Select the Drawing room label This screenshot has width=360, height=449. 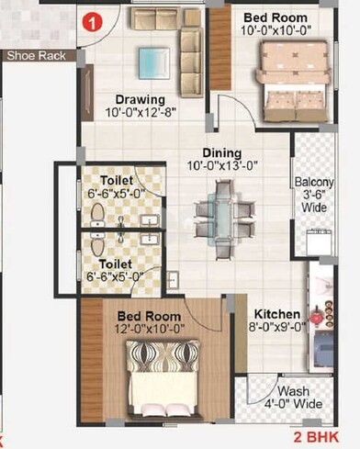point(140,99)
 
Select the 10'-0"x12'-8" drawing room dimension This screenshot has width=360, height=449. point(140,112)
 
